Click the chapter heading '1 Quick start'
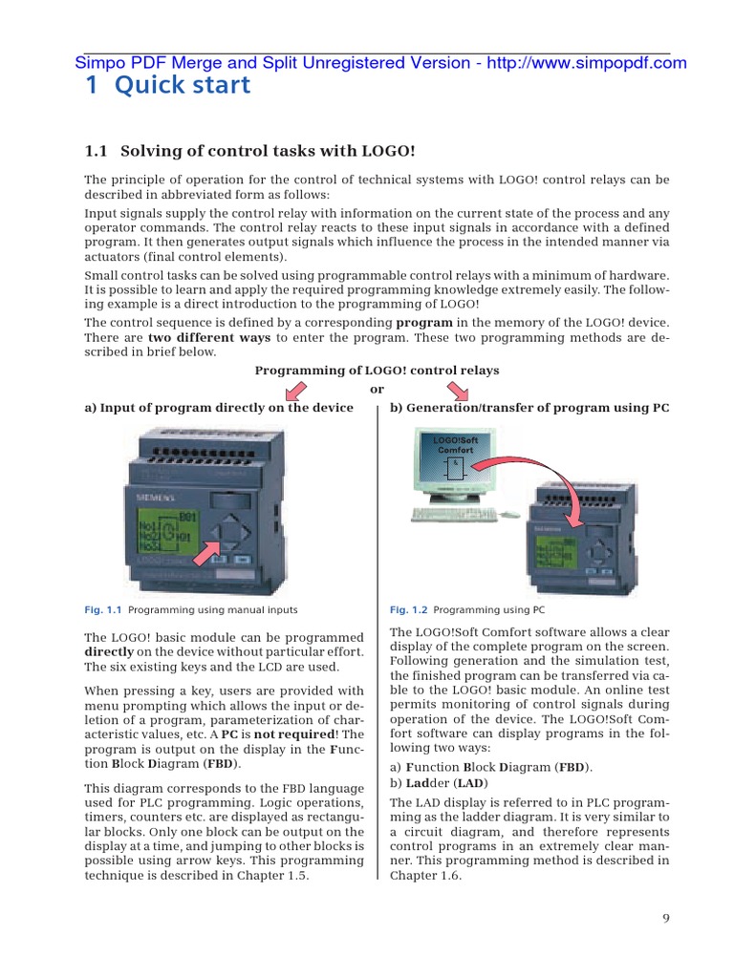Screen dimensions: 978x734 coord(167,86)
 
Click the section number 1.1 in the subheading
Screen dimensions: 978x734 coord(98,151)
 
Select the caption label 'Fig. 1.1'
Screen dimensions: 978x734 coord(104,609)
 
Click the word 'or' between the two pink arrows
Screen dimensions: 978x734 coord(377,389)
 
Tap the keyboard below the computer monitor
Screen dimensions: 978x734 coord(453,514)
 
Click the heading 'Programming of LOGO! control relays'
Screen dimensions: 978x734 coord(377,370)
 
